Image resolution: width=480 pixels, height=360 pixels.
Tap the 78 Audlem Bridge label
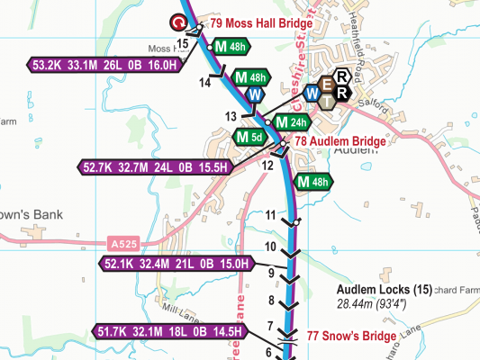coord(340,141)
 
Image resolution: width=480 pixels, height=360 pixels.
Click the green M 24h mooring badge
coord(291,122)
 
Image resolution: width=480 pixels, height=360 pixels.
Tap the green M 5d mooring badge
coord(249,137)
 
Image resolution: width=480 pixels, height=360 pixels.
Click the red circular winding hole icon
coord(180,22)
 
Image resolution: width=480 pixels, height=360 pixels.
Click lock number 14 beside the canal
coord(204,83)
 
